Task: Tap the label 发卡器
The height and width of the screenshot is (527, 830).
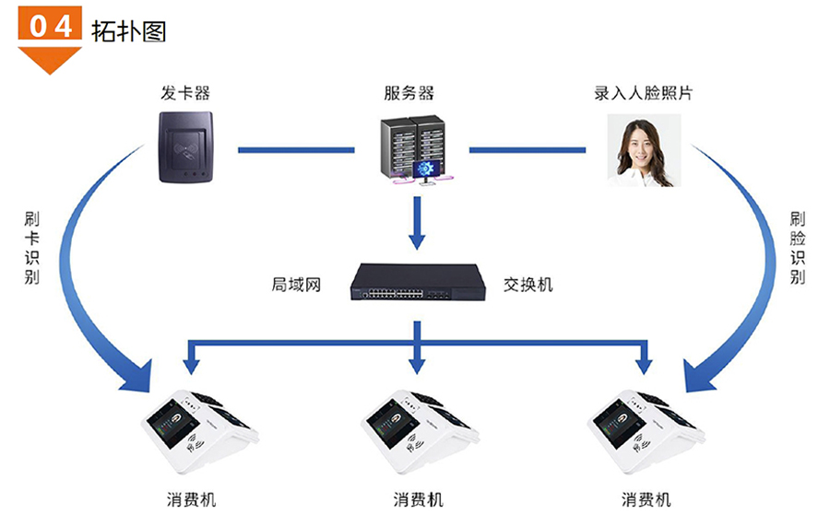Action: [184, 93]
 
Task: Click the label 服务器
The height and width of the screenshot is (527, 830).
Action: [409, 93]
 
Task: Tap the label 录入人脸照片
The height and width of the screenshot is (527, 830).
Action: [644, 93]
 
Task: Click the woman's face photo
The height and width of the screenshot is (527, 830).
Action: [643, 149]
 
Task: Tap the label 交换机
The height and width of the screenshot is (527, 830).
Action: [528, 285]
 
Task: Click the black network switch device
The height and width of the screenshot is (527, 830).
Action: [417, 283]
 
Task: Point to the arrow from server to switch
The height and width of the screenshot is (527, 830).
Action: [417, 221]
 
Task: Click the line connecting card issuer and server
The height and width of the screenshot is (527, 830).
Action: [295, 149]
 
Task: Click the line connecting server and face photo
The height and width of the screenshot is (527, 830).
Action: [528, 149]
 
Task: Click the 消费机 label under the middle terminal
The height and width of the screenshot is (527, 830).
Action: [418, 500]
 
